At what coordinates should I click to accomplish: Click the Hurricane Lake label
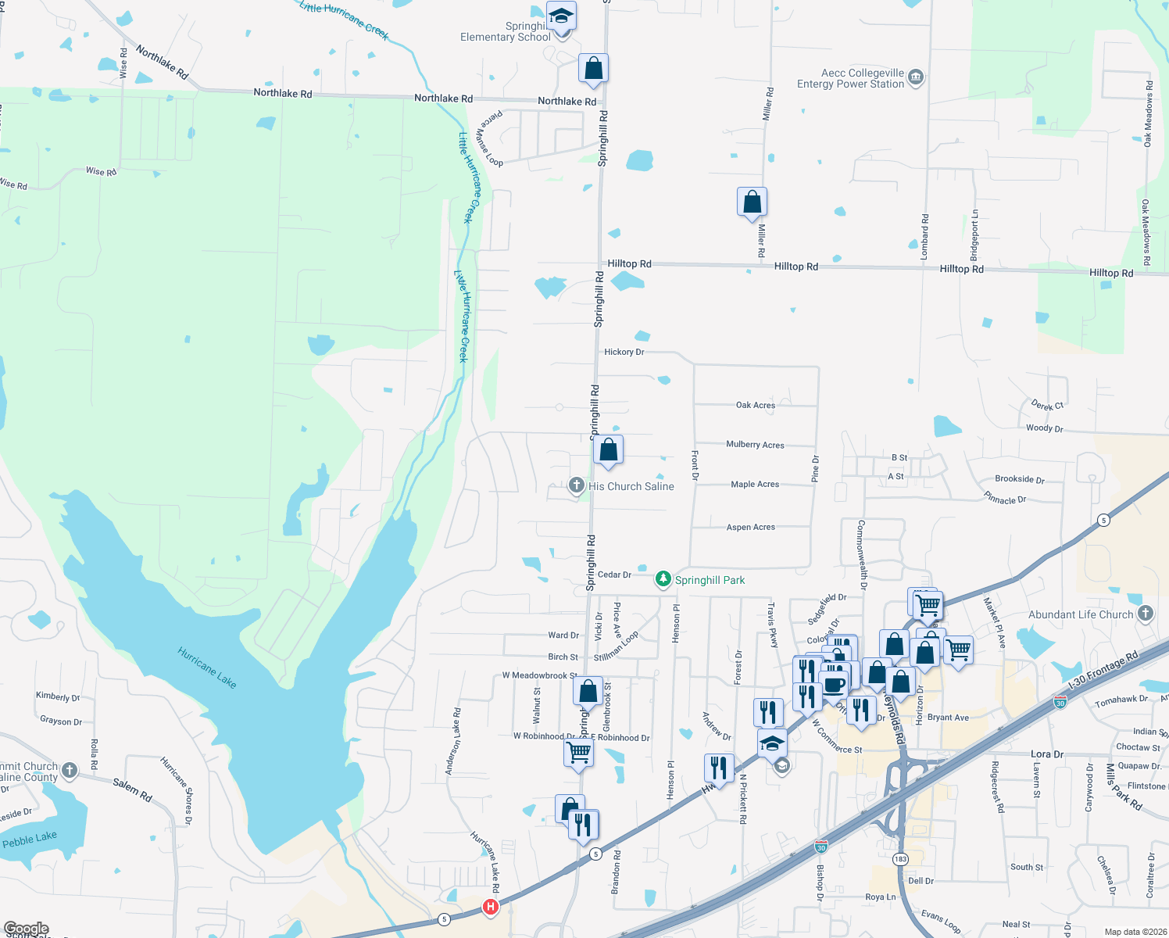pyautogui.click(x=206, y=667)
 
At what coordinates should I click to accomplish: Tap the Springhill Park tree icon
pyautogui.click(x=663, y=579)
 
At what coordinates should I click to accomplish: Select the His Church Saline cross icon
pyautogui.click(x=577, y=486)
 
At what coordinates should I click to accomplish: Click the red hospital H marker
pyautogui.click(x=491, y=907)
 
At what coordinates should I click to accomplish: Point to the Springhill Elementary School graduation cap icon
pyautogui.click(x=561, y=16)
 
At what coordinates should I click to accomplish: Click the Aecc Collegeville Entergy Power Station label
pyautogui.click(x=850, y=78)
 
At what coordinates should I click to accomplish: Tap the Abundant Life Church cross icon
pyautogui.click(x=1146, y=614)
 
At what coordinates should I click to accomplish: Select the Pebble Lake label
pyautogui.click(x=30, y=840)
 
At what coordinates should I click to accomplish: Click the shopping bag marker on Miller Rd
pyautogui.click(x=752, y=202)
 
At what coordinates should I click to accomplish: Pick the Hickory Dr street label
pyautogui.click(x=624, y=352)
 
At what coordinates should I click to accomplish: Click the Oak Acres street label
pyautogui.click(x=756, y=405)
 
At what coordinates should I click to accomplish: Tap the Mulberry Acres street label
pyautogui.click(x=755, y=445)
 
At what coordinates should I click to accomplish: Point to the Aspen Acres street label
pyautogui.click(x=751, y=527)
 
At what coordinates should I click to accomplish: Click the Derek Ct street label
pyautogui.click(x=1047, y=405)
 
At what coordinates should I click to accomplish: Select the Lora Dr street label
pyautogui.click(x=1047, y=754)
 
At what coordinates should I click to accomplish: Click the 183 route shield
pyautogui.click(x=901, y=859)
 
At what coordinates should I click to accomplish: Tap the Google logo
pyautogui.click(x=27, y=929)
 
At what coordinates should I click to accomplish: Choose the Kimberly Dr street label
pyautogui.click(x=58, y=696)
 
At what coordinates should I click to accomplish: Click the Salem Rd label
pyautogui.click(x=132, y=789)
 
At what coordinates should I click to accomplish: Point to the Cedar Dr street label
pyautogui.click(x=614, y=575)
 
